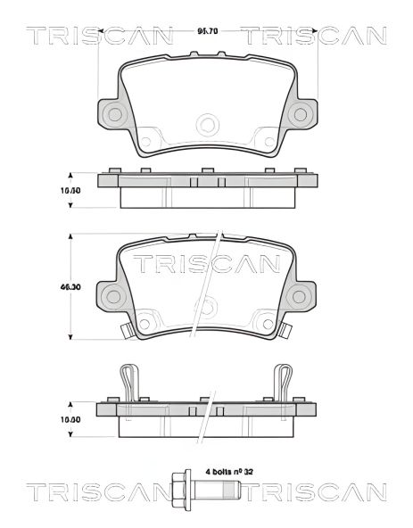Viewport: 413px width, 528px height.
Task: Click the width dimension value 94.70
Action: coord(207,33)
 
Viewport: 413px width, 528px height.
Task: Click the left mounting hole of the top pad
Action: coord(113,113)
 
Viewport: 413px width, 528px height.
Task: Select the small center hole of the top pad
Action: coord(207,124)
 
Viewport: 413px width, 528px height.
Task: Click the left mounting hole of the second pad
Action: coord(113,297)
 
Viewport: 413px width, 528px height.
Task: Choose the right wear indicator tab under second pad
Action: coord(286,333)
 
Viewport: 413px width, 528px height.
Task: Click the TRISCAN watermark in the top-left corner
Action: coord(99,36)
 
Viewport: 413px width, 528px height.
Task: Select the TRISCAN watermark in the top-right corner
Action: coord(313,36)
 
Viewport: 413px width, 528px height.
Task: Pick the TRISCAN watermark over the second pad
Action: coord(207,264)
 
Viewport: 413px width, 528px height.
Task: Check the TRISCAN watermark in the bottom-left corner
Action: coord(99,492)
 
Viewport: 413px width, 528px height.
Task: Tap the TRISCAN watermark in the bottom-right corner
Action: coord(315,492)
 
